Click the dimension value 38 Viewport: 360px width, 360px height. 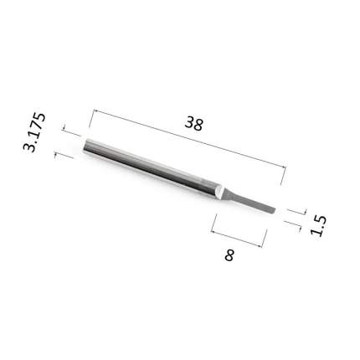coord(194,124)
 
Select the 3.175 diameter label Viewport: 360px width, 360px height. coord(33,132)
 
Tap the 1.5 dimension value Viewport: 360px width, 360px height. coord(318,225)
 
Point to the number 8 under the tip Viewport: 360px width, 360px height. coord(229,255)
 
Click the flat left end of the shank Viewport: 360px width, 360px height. coord(85,145)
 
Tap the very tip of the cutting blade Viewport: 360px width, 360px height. coord(275,210)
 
